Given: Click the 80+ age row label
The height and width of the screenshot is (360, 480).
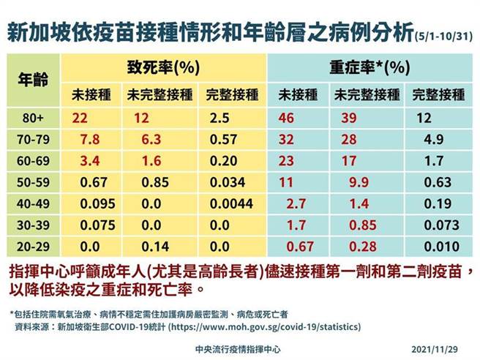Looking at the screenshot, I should [34, 117].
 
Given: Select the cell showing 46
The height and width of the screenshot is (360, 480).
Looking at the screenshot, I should [285, 117].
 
